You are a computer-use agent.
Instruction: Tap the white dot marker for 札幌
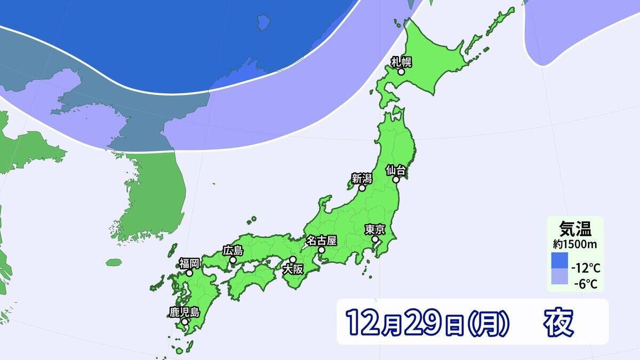pyautogui.click(x=401, y=71)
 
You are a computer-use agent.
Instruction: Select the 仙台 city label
pyautogui.click(x=397, y=170)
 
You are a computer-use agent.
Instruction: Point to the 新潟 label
pyautogui.click(x=361, y=178)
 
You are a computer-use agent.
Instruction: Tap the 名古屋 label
pyautogui.click(x=322, y=240)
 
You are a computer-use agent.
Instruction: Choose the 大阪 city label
pyautogui.click(x=293, y=269)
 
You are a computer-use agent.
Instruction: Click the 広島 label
pyautogui.click(x=233, y=250)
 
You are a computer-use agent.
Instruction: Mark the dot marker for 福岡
pyautogui.click(x=189, y=273)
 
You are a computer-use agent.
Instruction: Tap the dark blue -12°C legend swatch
pyautogui.click(x=559, y=261)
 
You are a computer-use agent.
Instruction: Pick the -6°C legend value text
pyautogui.click(x=586, y=284)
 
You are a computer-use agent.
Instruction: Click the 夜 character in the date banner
pyautogui.click(x=558, y=322)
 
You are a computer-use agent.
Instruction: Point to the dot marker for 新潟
pyautogui.click(x=362, y=188)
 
